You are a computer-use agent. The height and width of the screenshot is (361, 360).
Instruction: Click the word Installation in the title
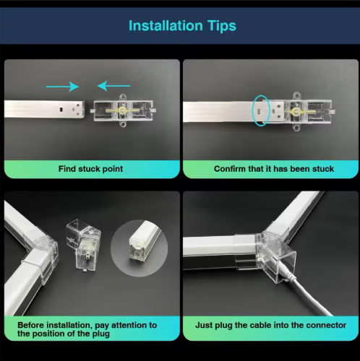pyautogui.click(x=166, y=25)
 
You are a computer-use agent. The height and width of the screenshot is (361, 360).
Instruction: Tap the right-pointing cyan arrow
pyautogui.click(x=62, y=87)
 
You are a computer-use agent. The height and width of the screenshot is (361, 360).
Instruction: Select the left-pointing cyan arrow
pyautogui.click(x=113, y=86)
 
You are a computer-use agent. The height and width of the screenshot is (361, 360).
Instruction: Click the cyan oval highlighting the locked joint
pyautogui.click(x=260, y=110)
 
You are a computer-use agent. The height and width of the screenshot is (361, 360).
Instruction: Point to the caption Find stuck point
pyautogui.click(x=90, y=169)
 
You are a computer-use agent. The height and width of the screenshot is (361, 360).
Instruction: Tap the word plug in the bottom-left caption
pyautogui.click(x=100, y=334)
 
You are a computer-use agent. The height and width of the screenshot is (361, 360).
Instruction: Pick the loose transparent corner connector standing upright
pyautogui.click(x=83, y=245)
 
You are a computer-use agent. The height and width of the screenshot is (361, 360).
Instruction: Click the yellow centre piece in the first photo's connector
pyautogui.click(x=123, y=110)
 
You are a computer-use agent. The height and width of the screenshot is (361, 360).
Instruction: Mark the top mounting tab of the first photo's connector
pyautogui.click(x=123, y=97)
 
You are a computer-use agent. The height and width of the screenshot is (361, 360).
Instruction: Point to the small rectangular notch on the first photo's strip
pyautogui.click(x=61, y=109)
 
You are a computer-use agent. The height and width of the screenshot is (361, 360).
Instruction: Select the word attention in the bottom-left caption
pyautogui.click(x=131, y=325)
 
